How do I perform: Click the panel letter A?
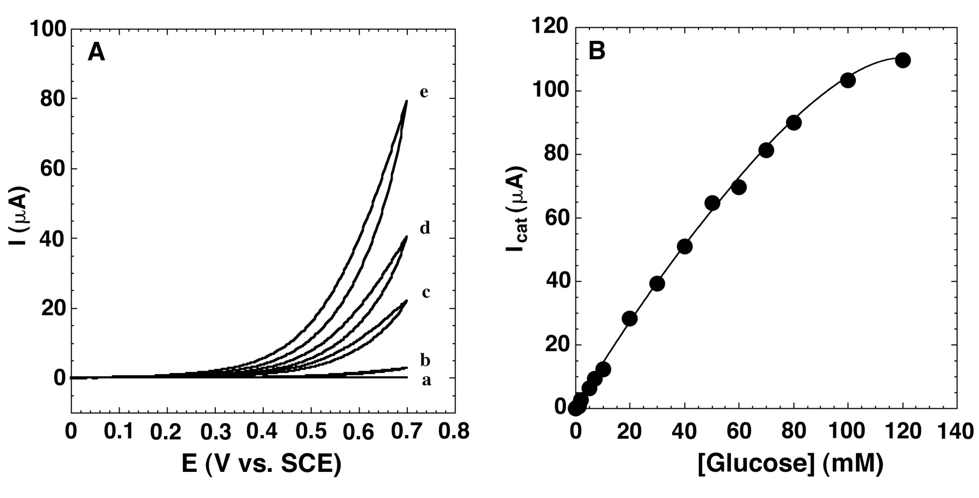(x=96, y=53)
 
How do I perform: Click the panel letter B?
(x=597, y=51)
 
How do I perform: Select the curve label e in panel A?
(x=424, y=92)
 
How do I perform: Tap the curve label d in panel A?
(x=424, y=228)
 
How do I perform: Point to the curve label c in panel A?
(x=426, y=293)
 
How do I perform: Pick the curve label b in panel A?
(x=425, y=360)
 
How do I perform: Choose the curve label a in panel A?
(x=426, y=381)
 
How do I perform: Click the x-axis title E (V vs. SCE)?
(x=262, y=464)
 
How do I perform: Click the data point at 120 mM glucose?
(x=903, y=60)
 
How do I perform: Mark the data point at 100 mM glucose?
(x=848, y=80)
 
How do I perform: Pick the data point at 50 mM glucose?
(x=712, y=203)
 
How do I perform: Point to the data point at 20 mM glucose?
(x=630, y=319)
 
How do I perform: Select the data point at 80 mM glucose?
(x=794, y=123)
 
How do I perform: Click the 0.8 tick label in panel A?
(x=454, y=432)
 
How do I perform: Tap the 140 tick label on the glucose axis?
(x=956, y=432)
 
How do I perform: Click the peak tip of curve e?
(x=406, y=101)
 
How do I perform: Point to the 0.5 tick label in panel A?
(x=311, y=432)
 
